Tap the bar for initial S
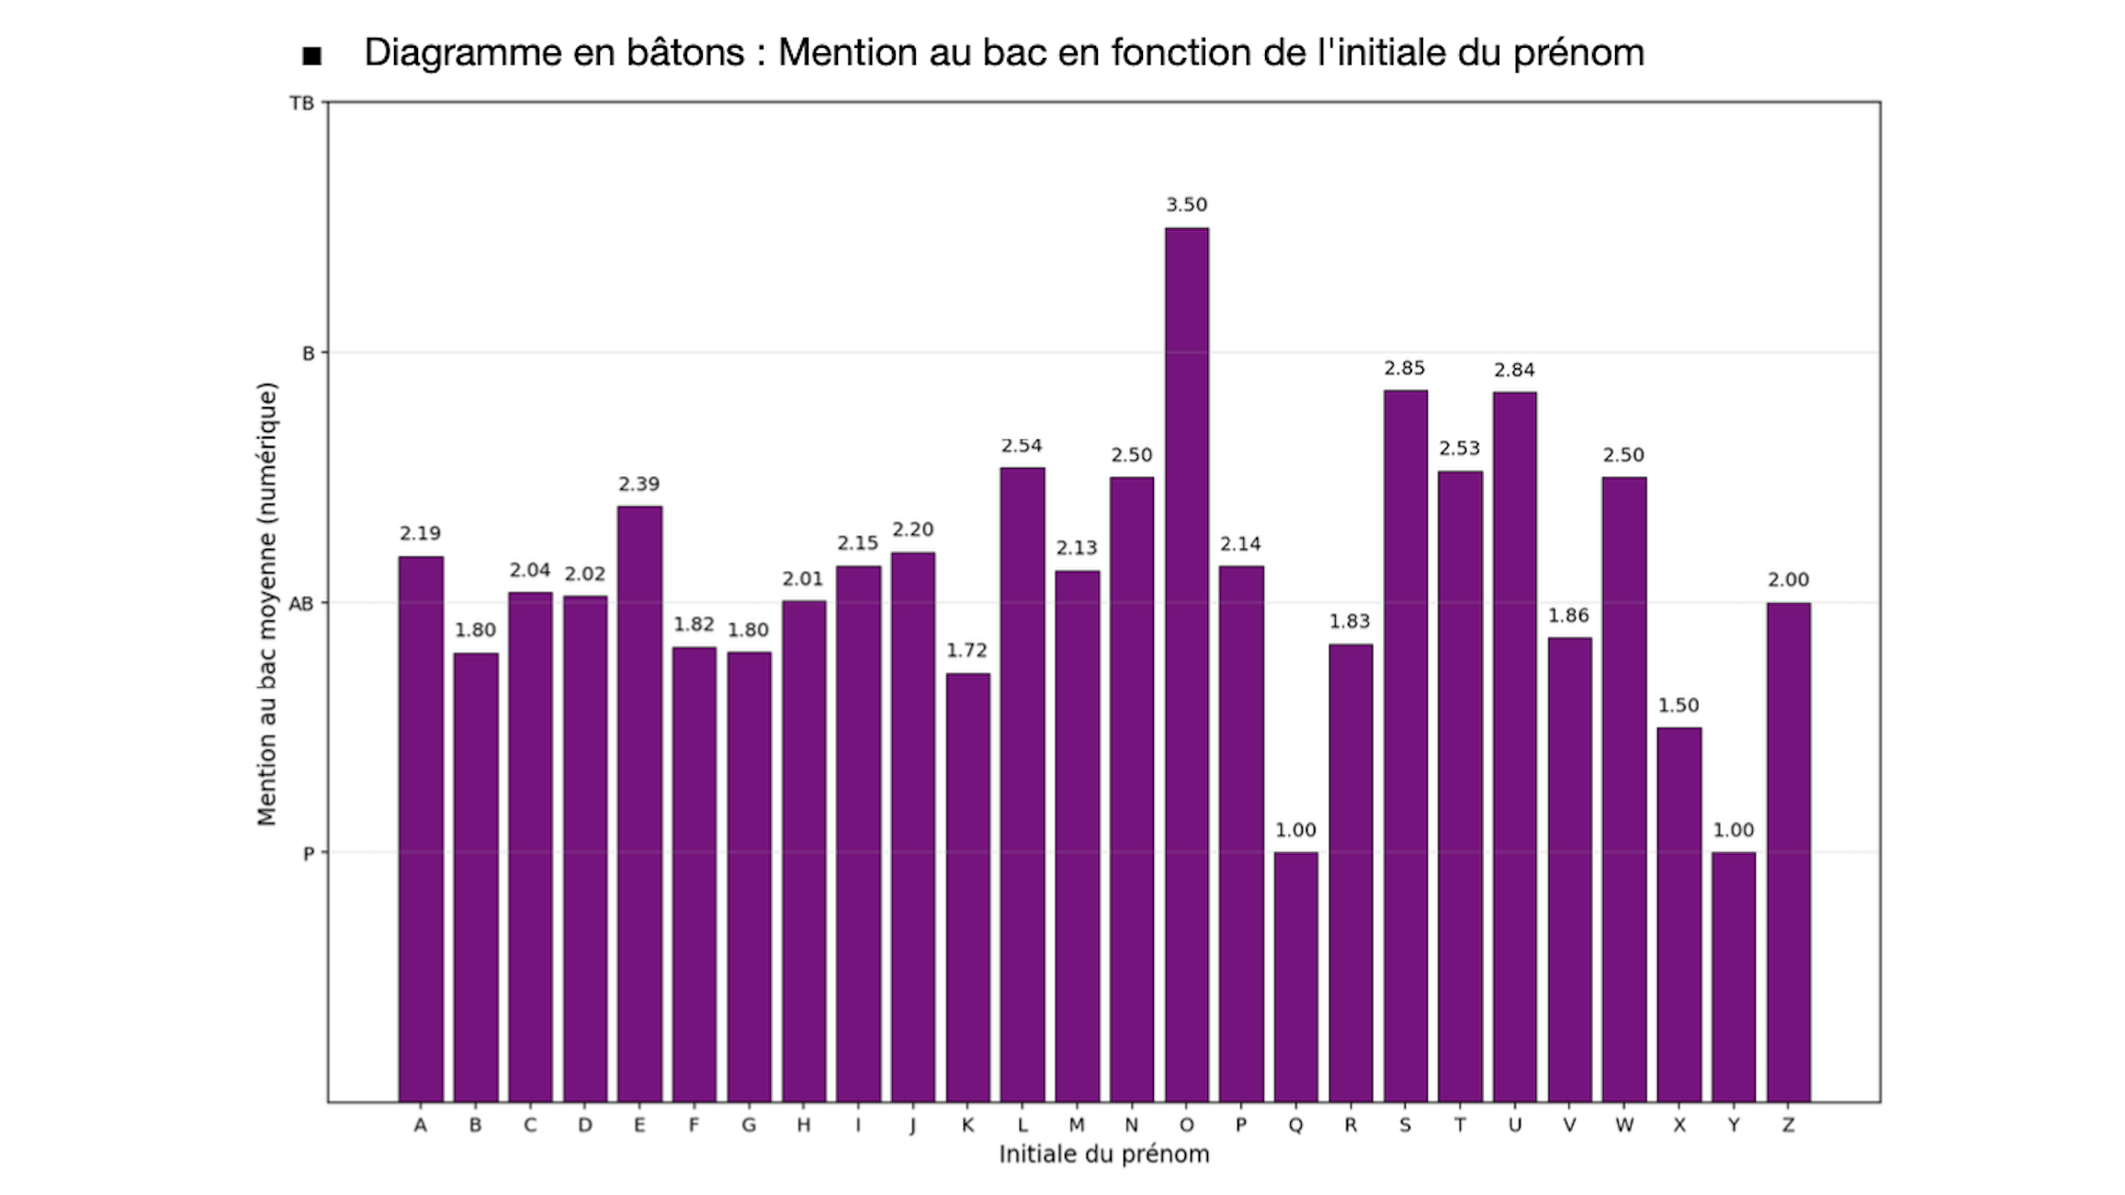coord(1405,745)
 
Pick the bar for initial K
coord(967,887)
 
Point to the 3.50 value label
coord(1186,205)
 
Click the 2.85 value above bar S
coord(1405,369)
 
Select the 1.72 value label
coord(966,651)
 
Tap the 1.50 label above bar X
coord(1679,706)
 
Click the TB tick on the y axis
coord(301,104)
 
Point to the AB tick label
coord(300,604)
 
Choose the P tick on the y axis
coord(308,854)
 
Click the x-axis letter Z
coord(1788,1125)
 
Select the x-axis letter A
coord(420,1125)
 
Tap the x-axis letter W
coord(1624,1125)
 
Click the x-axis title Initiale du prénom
coord(1103,1155)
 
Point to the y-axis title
coord(266,603)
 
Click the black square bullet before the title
coord(312,56)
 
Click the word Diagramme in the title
coord(462,53)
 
